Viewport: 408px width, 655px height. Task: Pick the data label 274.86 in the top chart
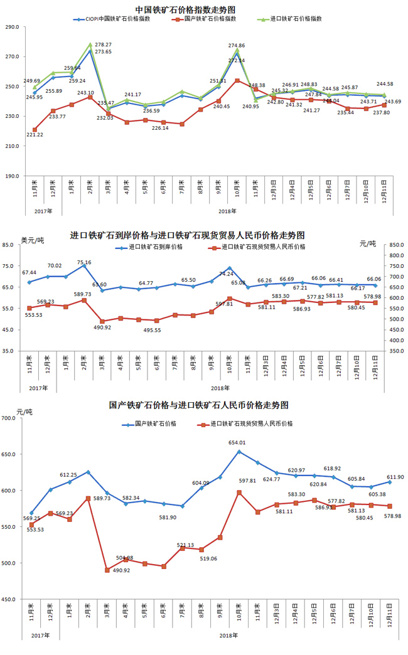click(x=237, y=46)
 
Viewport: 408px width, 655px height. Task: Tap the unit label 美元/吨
click(x=33, y=240)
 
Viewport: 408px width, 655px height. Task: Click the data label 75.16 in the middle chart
click(x=84, y=262)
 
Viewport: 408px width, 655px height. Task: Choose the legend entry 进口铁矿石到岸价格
click(x=154, y=247)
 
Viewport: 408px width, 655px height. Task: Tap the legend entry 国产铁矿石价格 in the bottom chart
click(x=154, y=423)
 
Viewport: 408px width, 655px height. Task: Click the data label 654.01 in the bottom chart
click(x=237, y=443)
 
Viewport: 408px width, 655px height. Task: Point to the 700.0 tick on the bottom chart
click(x=13, y=418)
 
